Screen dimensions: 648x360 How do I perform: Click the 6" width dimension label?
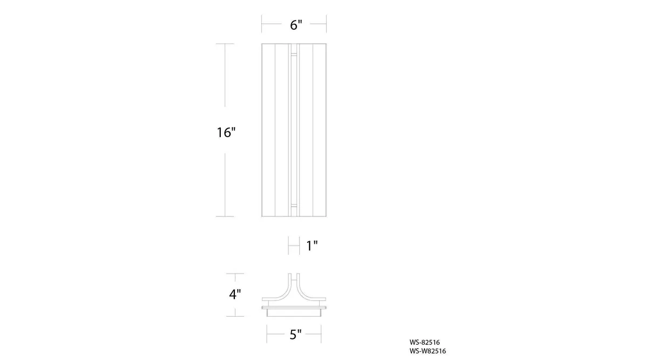click(x=296, y=25)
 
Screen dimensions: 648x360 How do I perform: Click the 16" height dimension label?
click(x=226, y=132)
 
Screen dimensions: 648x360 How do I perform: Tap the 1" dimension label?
click(x=312, y=246)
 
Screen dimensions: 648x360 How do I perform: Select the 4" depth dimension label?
click(x=235, y=294)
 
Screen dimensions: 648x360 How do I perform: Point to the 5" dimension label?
click(x=295, y=335)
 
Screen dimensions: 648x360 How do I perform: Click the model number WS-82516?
click(x=424, y=342)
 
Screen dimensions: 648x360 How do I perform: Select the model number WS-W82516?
click(x=428, y=351)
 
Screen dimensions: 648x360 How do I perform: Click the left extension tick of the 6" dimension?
click(x=262, y=24)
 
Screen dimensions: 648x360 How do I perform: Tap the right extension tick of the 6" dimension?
click(x=326, y=24)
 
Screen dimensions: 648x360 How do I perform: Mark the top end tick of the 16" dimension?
click(x=225, y=44)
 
